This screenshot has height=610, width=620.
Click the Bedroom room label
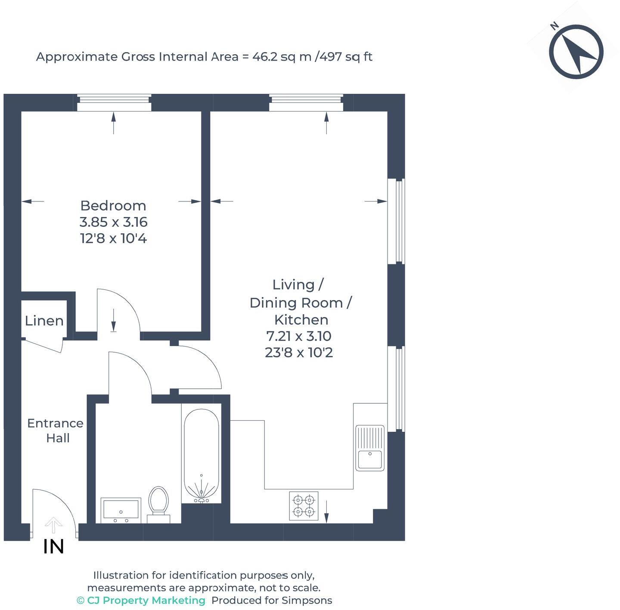(x=113, y=205)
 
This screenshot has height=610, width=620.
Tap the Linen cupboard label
(x=44, y=321)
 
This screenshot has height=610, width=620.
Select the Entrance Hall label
(x=56, y=430)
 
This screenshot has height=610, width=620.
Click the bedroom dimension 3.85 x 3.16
(x=113, y=222)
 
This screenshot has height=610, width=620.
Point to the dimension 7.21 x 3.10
(x=298, y=336)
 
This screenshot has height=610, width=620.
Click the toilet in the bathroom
(x=158, y=502)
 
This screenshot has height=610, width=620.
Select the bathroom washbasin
(x=121, y=510)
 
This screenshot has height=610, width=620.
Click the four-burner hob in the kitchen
(x=304, y=506)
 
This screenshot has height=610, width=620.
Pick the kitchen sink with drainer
(x=369, y=448)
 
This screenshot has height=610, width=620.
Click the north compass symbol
(x=576, y=52)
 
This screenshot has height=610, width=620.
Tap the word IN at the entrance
(x=54, y=547)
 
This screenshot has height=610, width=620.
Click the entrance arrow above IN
(x=53, y=526)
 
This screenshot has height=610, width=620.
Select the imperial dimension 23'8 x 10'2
(x=298, y=353)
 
